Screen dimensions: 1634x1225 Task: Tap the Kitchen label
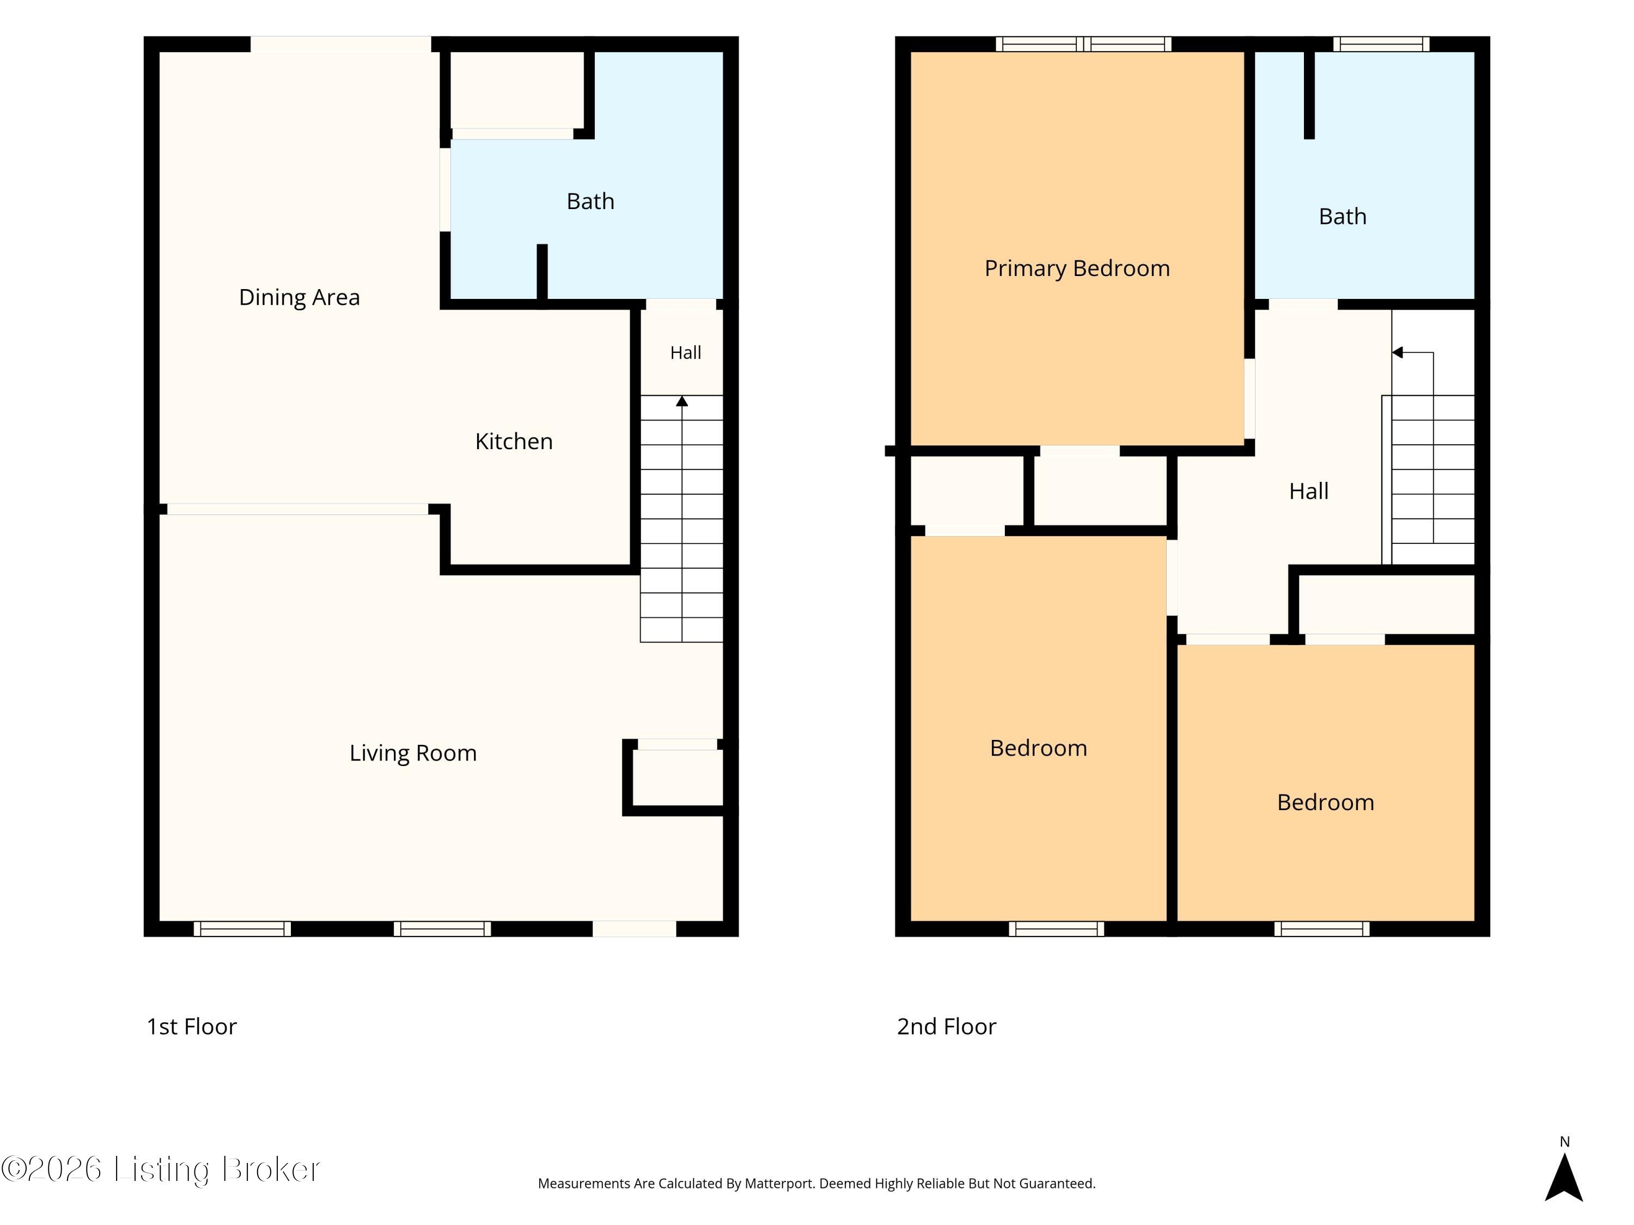[514, 442]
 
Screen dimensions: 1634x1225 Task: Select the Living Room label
[413, 753]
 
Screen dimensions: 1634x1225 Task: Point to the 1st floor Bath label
[590, 201]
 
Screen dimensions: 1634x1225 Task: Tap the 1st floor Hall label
[686, 353]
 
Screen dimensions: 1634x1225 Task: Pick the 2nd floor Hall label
[1308, 492]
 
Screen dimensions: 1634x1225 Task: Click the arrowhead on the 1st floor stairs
[682, 401]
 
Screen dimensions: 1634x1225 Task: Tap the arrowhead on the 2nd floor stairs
[1397, 352]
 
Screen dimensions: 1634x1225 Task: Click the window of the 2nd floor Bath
[1381, 44]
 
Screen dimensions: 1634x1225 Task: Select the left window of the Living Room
[242, 929]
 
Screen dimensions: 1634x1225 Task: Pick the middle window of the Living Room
[442, 929]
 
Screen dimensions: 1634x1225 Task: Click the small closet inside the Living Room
[678, 777]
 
